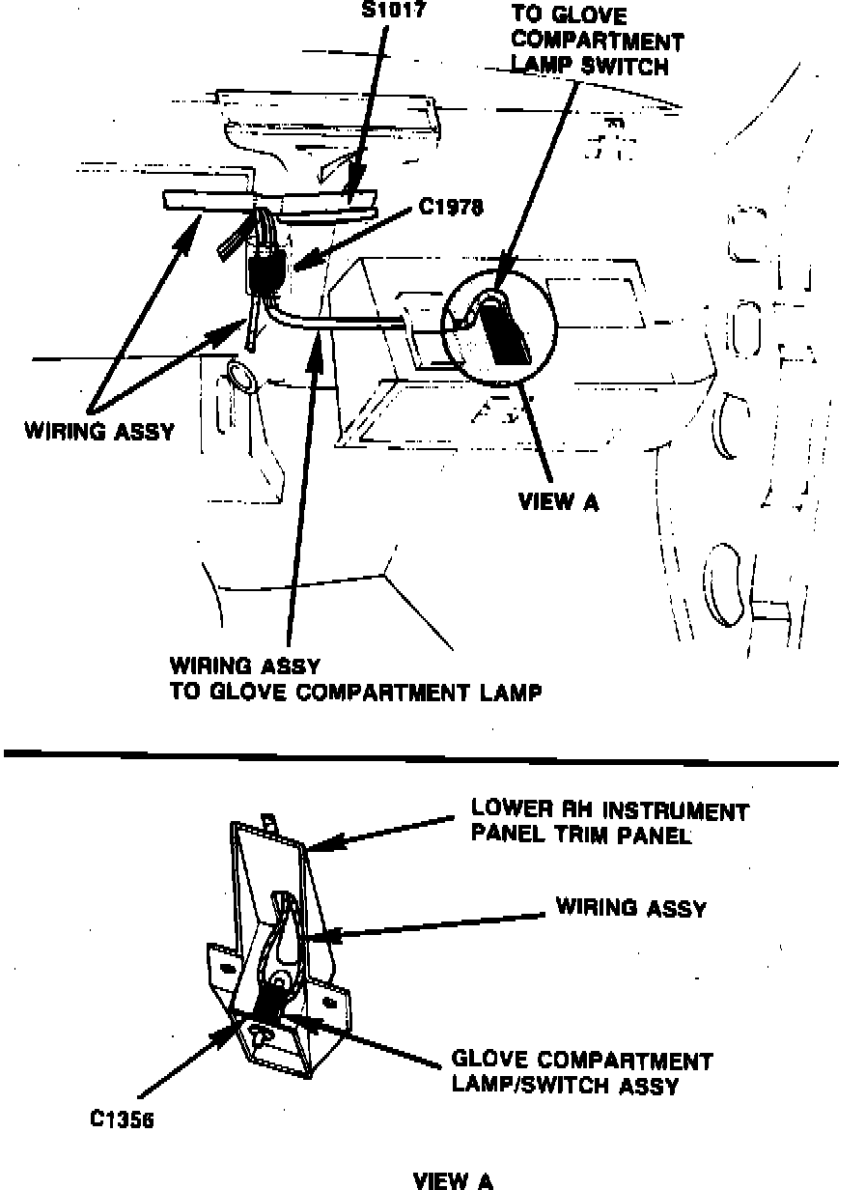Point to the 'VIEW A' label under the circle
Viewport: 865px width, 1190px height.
coord(558,502)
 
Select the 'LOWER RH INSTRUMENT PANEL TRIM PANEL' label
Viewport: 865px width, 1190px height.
coord(609,822)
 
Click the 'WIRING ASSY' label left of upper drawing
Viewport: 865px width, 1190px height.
coord(99,431)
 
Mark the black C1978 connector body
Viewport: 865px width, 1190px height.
coord(263,268)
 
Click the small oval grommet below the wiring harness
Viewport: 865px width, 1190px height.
coord(241,377)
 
